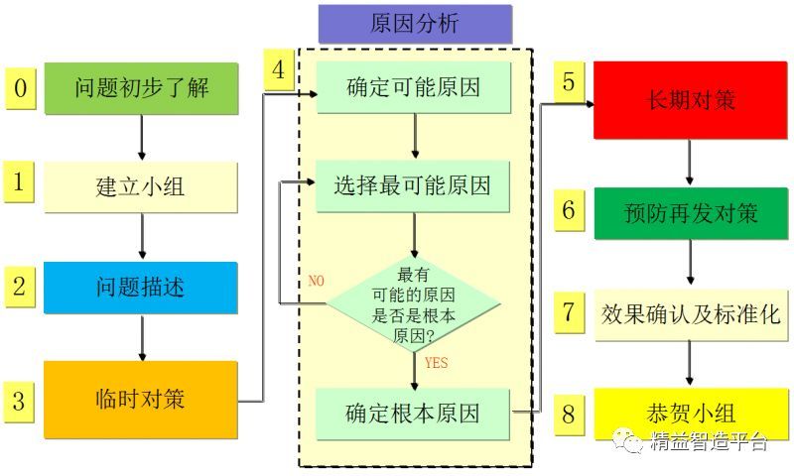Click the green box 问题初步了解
pyautogui.click(x=141, y=88)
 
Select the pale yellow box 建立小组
pyautogui.click(x=141, y=186)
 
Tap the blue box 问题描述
pyautogui.click(x=141, y=288)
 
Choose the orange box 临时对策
pyautogui.click(x=141, y=401)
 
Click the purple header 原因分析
pyautogui.click(x=415, y=24)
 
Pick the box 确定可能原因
pyautogui.click(x=414, y=87)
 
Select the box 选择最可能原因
pyautogui.click(x=414, y=184)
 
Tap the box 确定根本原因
pyautogui.click(x=414, y=412)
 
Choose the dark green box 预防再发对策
pyautogui.click(x=690, y=212)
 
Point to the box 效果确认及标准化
pyautogui.click(x=690, y=314)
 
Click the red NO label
pyautogui.click(x=317, y=281)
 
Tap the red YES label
pyautogui.click(x=436, y=363)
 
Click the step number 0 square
pyautogui.click(x=20, y=87)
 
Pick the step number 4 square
pyautogui.click(x=279, y=70)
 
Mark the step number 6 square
pyautogui.click(x=569, y=211)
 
